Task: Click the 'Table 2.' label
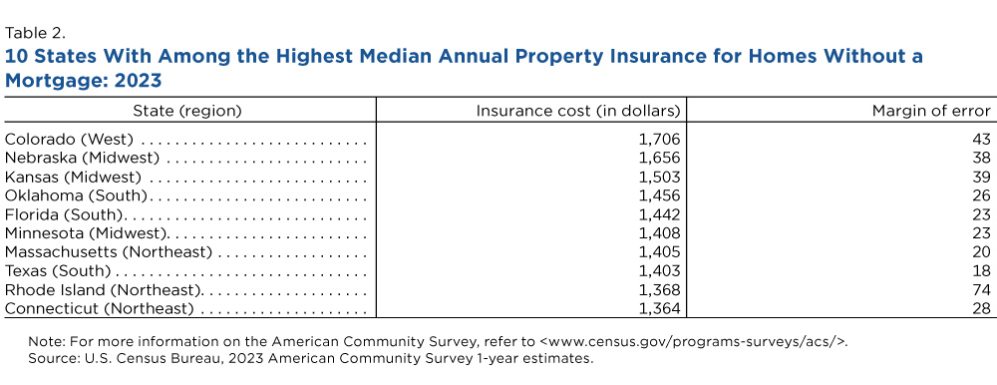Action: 36,33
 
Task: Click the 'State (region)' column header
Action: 187,111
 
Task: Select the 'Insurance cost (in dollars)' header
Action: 578,111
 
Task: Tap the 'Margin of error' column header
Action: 931,111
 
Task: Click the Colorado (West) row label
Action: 70,140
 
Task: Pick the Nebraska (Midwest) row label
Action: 82,157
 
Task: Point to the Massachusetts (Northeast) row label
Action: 108,252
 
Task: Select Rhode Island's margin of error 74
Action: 982,289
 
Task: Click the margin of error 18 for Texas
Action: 982,271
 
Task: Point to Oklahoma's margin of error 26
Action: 982,195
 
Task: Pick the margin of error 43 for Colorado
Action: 982,140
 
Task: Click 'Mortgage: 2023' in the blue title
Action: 84,82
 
